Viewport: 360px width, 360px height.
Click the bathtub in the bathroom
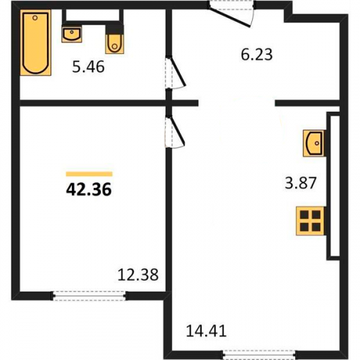(35, 42)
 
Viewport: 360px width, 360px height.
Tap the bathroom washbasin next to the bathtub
(71, 34)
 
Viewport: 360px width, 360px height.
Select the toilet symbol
(114, 44)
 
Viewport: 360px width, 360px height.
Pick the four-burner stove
(310, 221)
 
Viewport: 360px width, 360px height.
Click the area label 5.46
(89, 67)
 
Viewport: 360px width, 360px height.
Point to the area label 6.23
(256, 55)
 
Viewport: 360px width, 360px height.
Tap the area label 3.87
(301, 183)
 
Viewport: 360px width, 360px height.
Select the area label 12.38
(138, 275)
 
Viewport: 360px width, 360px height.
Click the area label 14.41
(206, 331)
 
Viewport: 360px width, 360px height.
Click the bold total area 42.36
(89, 189)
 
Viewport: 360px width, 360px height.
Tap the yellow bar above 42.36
(89, 174)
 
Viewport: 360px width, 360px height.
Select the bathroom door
(175, 72)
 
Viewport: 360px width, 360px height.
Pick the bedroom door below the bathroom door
(174, 132)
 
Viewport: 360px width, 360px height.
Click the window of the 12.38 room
(89, 296)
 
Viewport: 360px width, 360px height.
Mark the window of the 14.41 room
(259, 355)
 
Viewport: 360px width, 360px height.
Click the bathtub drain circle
(35, 18)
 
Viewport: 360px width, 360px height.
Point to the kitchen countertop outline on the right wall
(333, 186)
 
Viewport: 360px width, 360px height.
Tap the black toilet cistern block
(114, 28)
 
